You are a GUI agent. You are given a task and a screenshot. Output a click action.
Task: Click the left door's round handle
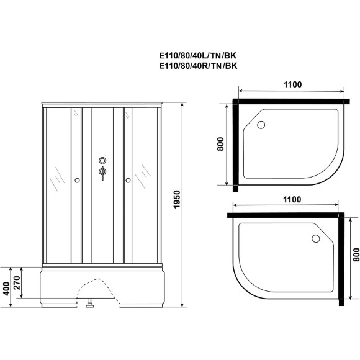[x=77, y=181]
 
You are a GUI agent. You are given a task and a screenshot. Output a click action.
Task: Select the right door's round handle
[x=128, y=181]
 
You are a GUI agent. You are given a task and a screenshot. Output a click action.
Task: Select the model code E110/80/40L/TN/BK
[x=199, y=55]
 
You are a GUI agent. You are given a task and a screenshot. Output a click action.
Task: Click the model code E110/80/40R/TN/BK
[x=199, y=65]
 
